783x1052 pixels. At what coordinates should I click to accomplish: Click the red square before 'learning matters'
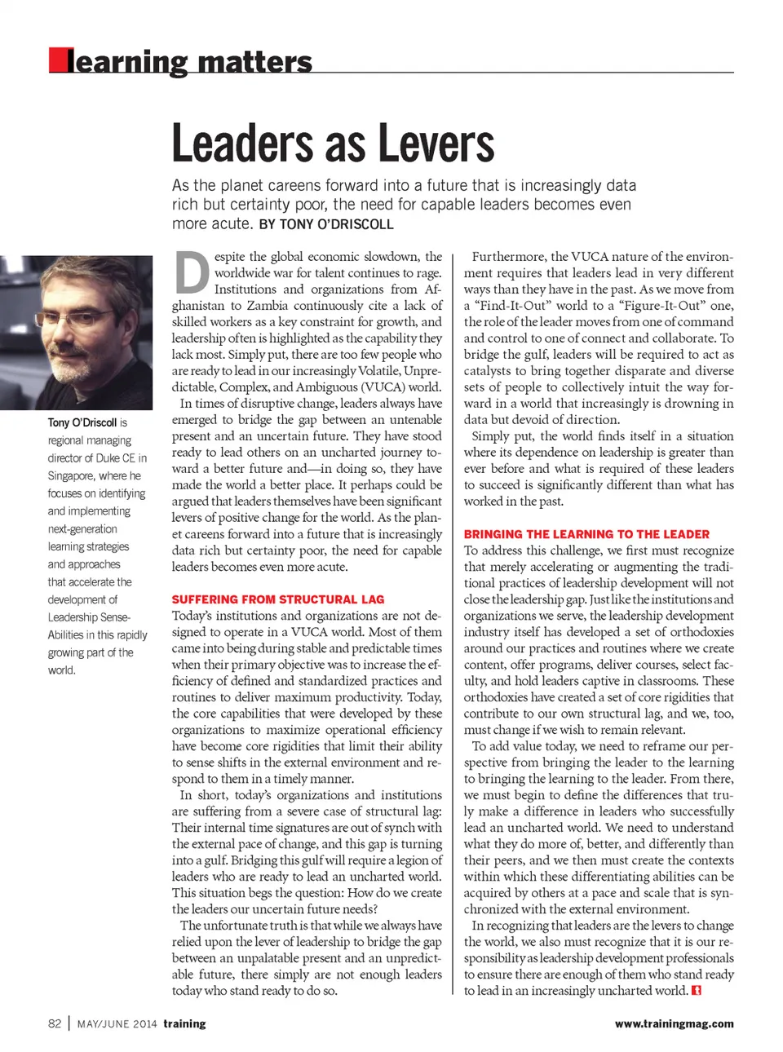[x=58, y=60]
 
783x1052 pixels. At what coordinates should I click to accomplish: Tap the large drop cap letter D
[x=192, y=273]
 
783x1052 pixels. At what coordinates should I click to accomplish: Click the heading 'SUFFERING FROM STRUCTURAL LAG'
[x=277, y=599]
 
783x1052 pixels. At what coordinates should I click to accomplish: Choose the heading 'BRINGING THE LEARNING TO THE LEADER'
[x=586, y=534]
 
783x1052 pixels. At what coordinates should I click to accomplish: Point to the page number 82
[x=55, y=1023]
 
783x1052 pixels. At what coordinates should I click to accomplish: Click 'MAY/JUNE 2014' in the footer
[x=117, y=1024]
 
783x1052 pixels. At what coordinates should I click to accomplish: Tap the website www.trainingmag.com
[x=674, y=1023]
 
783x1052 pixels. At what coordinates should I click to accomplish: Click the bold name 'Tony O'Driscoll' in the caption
[x=82, y=422]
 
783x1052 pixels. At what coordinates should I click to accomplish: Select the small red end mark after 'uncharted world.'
[x=696, y=991]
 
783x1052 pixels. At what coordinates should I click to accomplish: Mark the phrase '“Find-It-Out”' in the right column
[x=517, y=306]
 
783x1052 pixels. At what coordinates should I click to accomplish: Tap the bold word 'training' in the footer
[x=184, y=1023]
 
